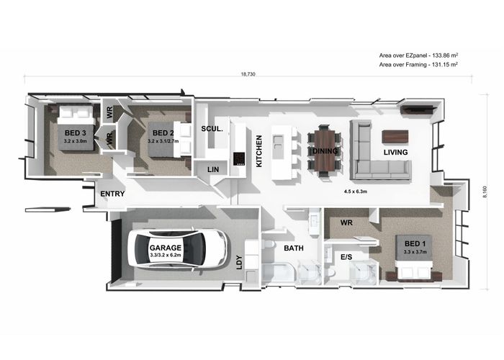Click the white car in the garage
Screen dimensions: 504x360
177,248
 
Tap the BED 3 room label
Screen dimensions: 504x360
75,132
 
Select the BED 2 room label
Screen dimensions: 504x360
163,132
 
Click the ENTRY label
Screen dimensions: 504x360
112,194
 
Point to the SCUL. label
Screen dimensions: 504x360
212,129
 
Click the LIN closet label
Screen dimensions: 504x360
213,169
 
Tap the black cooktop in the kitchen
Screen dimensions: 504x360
239,158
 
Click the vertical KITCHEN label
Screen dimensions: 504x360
259,151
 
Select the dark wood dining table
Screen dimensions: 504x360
325,150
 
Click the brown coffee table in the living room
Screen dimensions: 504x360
395,136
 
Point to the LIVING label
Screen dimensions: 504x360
396,153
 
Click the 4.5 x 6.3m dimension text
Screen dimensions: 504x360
356,192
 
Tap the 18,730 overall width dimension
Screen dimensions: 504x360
248,74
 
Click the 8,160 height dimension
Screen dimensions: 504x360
485,192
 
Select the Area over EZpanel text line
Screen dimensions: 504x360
418,55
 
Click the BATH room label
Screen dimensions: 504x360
294,248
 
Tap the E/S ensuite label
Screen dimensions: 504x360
346,257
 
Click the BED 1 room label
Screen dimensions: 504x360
415,243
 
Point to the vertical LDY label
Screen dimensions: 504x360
239,262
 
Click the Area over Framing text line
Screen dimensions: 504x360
418,65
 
